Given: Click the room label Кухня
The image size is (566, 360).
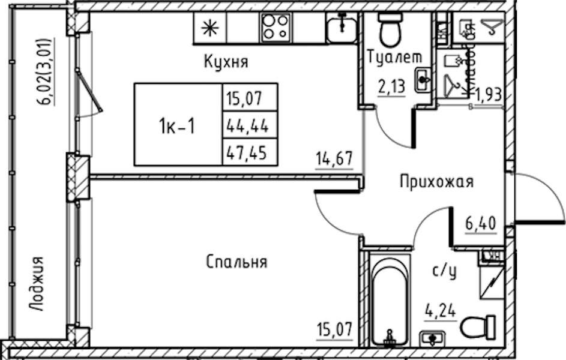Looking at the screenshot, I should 226,62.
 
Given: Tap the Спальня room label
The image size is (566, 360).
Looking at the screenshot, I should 236,262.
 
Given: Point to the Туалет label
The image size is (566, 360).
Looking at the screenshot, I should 394,58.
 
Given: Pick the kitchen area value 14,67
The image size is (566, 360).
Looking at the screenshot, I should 334,160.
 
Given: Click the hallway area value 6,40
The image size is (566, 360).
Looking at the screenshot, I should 481,224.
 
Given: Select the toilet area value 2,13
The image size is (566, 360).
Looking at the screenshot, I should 391,86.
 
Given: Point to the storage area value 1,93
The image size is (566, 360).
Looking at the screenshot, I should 487,94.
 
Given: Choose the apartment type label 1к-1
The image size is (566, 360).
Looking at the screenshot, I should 177,127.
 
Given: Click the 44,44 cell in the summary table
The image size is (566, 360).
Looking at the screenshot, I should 248,126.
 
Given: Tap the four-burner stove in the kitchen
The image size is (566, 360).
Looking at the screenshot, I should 275,27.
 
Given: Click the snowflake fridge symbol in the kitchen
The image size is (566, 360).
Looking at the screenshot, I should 209,28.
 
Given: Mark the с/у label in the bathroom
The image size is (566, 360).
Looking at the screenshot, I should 445,271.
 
